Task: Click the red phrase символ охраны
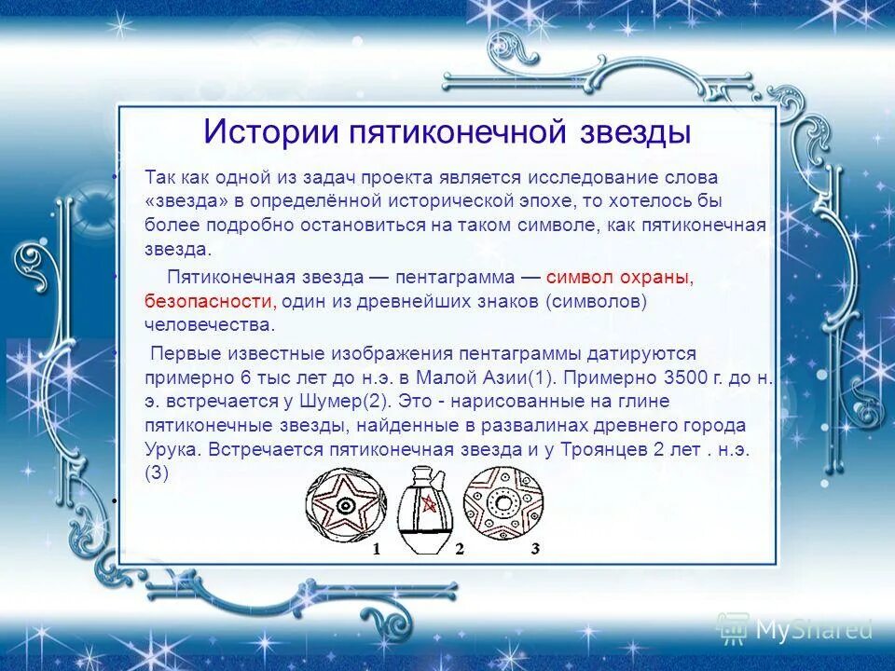(619, 278)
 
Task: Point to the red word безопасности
(208, 301)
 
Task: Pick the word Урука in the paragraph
(172, 448)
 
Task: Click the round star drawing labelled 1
(345, 507)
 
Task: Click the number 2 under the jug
(459, 550)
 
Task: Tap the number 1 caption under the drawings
(376, 550)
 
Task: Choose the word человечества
(210, 324)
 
